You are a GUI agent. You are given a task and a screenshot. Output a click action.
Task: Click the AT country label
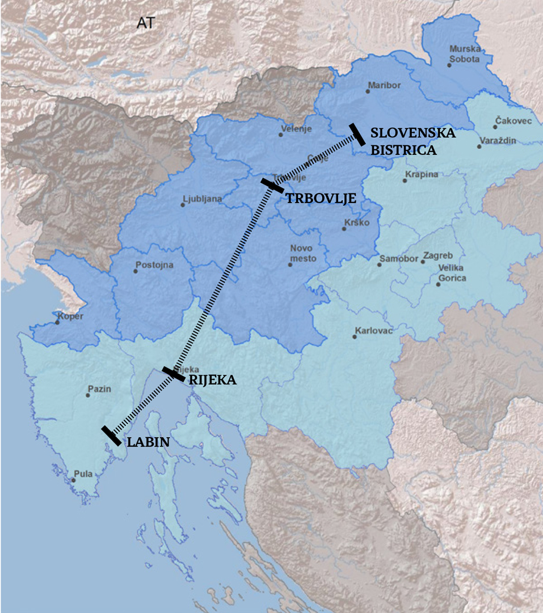pos(146,23)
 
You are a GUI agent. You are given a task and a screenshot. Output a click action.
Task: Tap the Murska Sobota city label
pos(464,54)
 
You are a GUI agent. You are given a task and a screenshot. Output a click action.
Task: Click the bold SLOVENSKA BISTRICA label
pos(412,141)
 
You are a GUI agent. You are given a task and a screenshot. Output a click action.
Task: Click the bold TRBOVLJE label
pos(321,198)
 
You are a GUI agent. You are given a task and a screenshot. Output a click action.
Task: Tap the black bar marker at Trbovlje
pos(272,185)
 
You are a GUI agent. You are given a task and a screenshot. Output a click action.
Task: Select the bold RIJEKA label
pos(212,380)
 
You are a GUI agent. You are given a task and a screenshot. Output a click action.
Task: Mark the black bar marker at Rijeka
pos(173,374)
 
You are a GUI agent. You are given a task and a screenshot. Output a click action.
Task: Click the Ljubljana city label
pos(202,199)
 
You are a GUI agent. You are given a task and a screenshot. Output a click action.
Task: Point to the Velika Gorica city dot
pos(437,284)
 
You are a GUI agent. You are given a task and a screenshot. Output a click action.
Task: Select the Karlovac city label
pos(374,330)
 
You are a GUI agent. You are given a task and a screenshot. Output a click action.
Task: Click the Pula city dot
pos(73,480)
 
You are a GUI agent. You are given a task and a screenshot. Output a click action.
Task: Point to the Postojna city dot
pos(135,271)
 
